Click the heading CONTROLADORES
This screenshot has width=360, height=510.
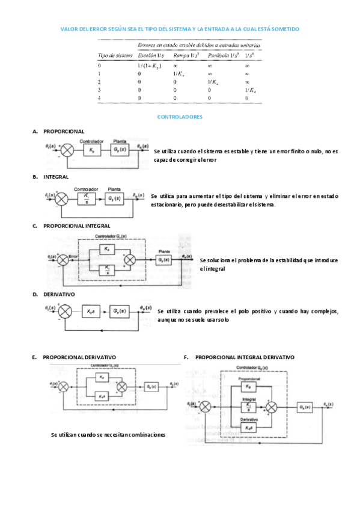179,117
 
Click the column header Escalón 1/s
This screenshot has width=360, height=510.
150,55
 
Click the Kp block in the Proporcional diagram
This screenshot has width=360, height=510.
91,149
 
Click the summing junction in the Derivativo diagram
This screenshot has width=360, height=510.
66,312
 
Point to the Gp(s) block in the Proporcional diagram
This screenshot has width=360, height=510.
120,149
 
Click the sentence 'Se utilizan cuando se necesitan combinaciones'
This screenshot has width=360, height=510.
108,434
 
